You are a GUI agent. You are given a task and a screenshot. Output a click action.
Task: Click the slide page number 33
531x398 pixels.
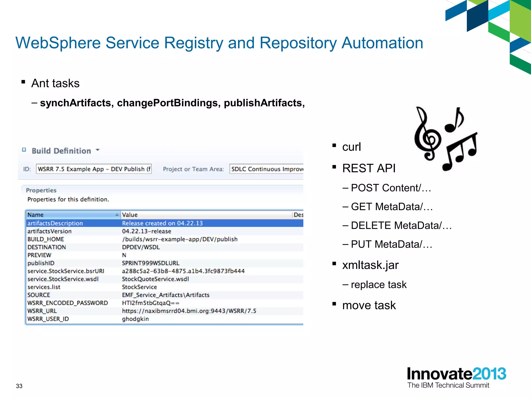point(19,386)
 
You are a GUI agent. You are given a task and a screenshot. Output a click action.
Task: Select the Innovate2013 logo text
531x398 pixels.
point(456,374)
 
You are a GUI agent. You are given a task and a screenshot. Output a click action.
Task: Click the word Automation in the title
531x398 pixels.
point(382,43)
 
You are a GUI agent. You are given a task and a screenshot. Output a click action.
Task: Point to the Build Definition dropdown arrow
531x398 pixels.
point(98,150)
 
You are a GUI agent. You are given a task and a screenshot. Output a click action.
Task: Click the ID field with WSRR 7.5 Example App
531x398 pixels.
point(94,169)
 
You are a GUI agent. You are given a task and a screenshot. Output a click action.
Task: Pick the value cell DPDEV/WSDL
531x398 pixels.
point(141,247)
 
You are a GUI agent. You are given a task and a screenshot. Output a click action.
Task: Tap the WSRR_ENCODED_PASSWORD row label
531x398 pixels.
point(68,303)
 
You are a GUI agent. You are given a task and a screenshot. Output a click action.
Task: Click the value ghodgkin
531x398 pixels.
point(135,319)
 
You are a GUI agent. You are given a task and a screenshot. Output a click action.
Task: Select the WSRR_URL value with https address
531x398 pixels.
point(189,311)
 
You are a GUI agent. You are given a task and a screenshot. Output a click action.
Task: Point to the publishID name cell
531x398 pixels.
point(41,263)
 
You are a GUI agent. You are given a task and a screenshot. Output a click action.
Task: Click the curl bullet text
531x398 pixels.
point(351,147)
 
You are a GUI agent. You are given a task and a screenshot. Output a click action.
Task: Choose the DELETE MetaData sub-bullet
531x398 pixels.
point(401,225)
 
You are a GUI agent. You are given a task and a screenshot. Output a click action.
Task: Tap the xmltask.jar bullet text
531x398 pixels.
point(370,265)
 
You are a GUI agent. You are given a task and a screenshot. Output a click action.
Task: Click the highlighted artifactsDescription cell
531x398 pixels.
point(55,223)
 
